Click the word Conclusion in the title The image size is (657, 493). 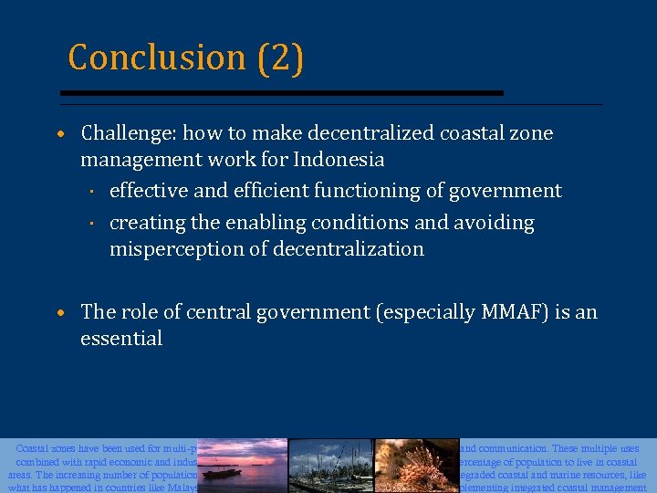click(156, 58)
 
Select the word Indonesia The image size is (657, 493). click(339, 160)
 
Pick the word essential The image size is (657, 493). click(121, 339)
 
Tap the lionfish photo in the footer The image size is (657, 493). click(415, 466)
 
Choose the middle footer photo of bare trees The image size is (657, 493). click(330, 466)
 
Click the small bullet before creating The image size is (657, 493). click(93, 224)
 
